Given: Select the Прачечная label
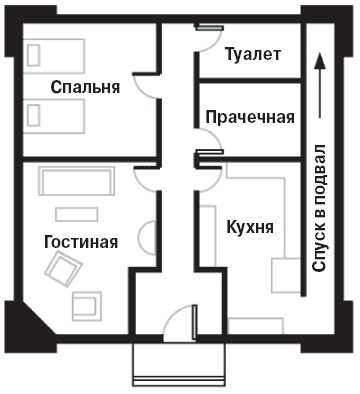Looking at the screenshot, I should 249,117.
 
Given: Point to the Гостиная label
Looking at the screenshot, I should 81,241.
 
